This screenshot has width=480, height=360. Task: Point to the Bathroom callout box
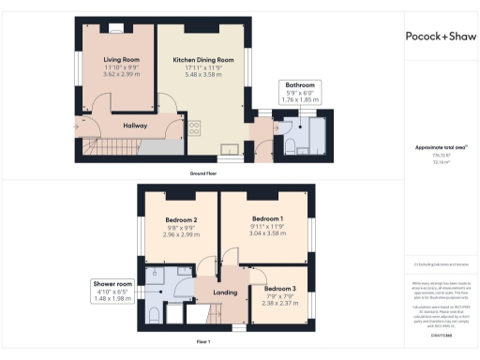coord(299,93)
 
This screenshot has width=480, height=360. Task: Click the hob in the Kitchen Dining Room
coord(195,128)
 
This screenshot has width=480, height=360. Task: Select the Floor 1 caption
coord(202,342)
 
